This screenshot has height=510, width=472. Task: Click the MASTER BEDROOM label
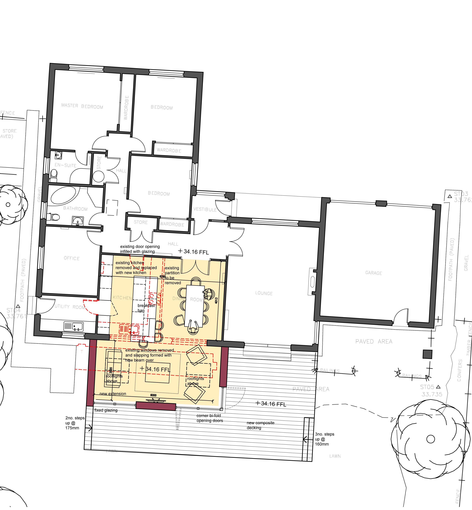(82, 106)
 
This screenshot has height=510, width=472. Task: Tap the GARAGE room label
(373, 273)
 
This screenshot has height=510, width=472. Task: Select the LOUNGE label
(264, 293)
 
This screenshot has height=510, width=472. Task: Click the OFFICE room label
(72, 258)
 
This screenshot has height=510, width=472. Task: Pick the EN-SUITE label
(65, 165)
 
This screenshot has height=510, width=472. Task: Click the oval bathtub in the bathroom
(63, 195)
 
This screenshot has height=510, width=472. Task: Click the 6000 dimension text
(153, 395)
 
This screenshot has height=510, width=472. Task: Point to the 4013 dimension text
(216, 300)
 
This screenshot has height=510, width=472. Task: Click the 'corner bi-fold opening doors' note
(209, 418)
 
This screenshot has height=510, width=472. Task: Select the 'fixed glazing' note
(106, 410)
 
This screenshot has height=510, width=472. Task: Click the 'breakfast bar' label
(146, 308)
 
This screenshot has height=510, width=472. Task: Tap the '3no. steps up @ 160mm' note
(324, 439)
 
